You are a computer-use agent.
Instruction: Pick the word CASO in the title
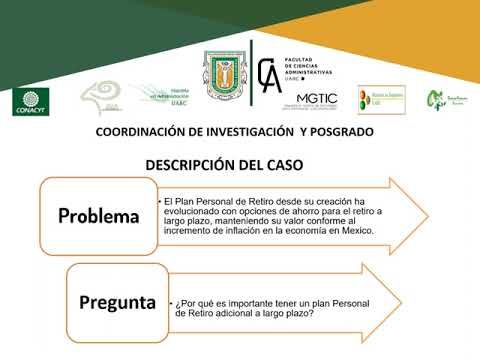tap(281, 163)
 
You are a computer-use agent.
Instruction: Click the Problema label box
tap(97, 216)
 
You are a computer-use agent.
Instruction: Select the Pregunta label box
tap(118, 299)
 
